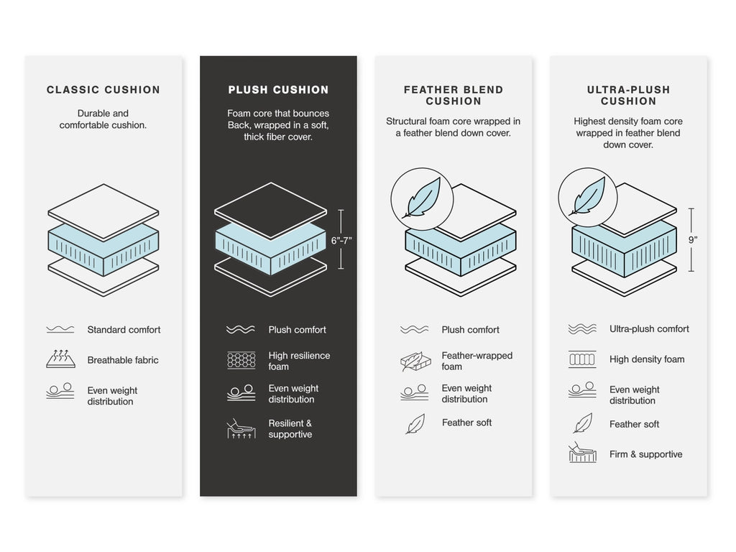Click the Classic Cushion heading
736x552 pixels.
coord(103,90)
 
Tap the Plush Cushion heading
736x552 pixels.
coord(278,90)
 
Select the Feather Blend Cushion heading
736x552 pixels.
coord(454,95)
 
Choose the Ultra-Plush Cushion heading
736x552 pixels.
coord(628,95)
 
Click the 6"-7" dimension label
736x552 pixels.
coord(341,241)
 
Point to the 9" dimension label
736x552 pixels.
coord(693,240)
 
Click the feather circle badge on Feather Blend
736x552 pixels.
coord(422,198)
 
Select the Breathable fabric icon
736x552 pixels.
coord(60,359)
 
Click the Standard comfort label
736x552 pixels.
coord(124,330)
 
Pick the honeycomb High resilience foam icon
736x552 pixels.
coord(241,360)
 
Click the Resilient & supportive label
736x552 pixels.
coord(290,429)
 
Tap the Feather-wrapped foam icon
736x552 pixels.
coord(415,361)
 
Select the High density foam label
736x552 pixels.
coord(647,359)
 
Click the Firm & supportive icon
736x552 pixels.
coord(582,454)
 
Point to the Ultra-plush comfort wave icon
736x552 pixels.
coord(582,329)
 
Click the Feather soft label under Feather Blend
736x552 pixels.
coord(466,423)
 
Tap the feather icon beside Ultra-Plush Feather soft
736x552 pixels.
coord(582,423)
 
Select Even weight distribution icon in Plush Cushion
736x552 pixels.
coord(241,393)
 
